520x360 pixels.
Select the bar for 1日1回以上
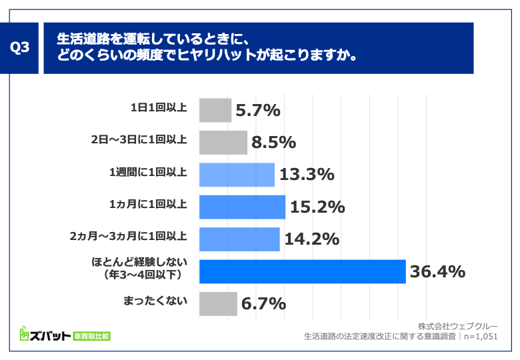[215, 111]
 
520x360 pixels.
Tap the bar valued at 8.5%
[223, 143]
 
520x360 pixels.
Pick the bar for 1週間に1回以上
[237, 175]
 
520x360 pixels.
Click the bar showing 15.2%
[242, 207]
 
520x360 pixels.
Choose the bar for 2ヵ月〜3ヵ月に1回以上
[239, 239]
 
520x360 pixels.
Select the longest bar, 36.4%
[302, 271]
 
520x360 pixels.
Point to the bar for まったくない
[218, 303]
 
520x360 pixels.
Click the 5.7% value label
[258, 111]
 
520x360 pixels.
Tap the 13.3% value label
[307, 175]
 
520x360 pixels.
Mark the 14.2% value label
[312, 239]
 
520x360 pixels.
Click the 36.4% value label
[437, 271]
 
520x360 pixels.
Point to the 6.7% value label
[264, 303]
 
